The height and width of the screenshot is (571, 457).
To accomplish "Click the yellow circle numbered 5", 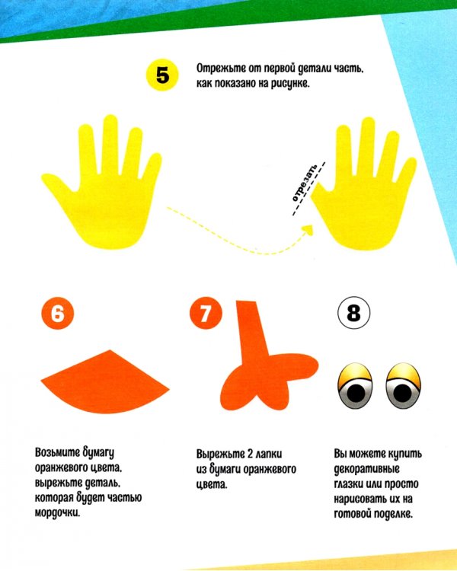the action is click(x=162, y=75).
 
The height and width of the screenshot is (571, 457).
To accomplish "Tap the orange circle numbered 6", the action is click(x=58, y=313).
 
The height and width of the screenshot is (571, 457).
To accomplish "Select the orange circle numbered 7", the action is click(x=206, y=313).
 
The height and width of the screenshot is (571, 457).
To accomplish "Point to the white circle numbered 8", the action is click(x=353, y=313).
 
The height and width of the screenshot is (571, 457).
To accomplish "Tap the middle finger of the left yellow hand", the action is click(x=110, y=142).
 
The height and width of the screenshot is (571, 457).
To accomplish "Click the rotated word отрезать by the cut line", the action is click(x=305, y=183).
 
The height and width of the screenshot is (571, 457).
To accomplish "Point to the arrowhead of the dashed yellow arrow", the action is click(x=308, y=230).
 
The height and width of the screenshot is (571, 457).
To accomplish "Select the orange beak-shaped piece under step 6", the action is click(x=105, y=381).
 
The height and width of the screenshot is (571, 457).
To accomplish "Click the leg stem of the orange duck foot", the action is click(x=253, y=331).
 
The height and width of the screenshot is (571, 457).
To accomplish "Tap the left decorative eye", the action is click(x=356, y=385).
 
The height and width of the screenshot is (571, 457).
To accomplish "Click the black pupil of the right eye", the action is click(x=402, y=393).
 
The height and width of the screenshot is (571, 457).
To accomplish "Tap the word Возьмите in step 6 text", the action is click(x=57, y=453).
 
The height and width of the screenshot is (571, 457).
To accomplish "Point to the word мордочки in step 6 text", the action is click(x=57, y=512).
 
